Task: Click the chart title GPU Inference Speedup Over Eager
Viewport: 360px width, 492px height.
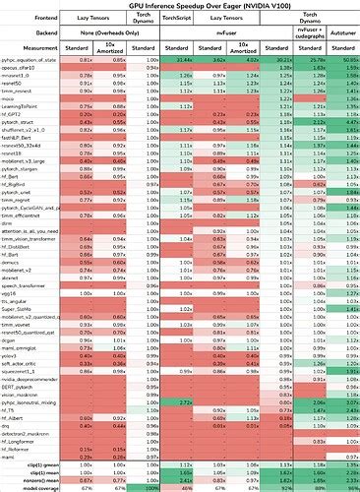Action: pyautogui.click(x=180, y=5)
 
